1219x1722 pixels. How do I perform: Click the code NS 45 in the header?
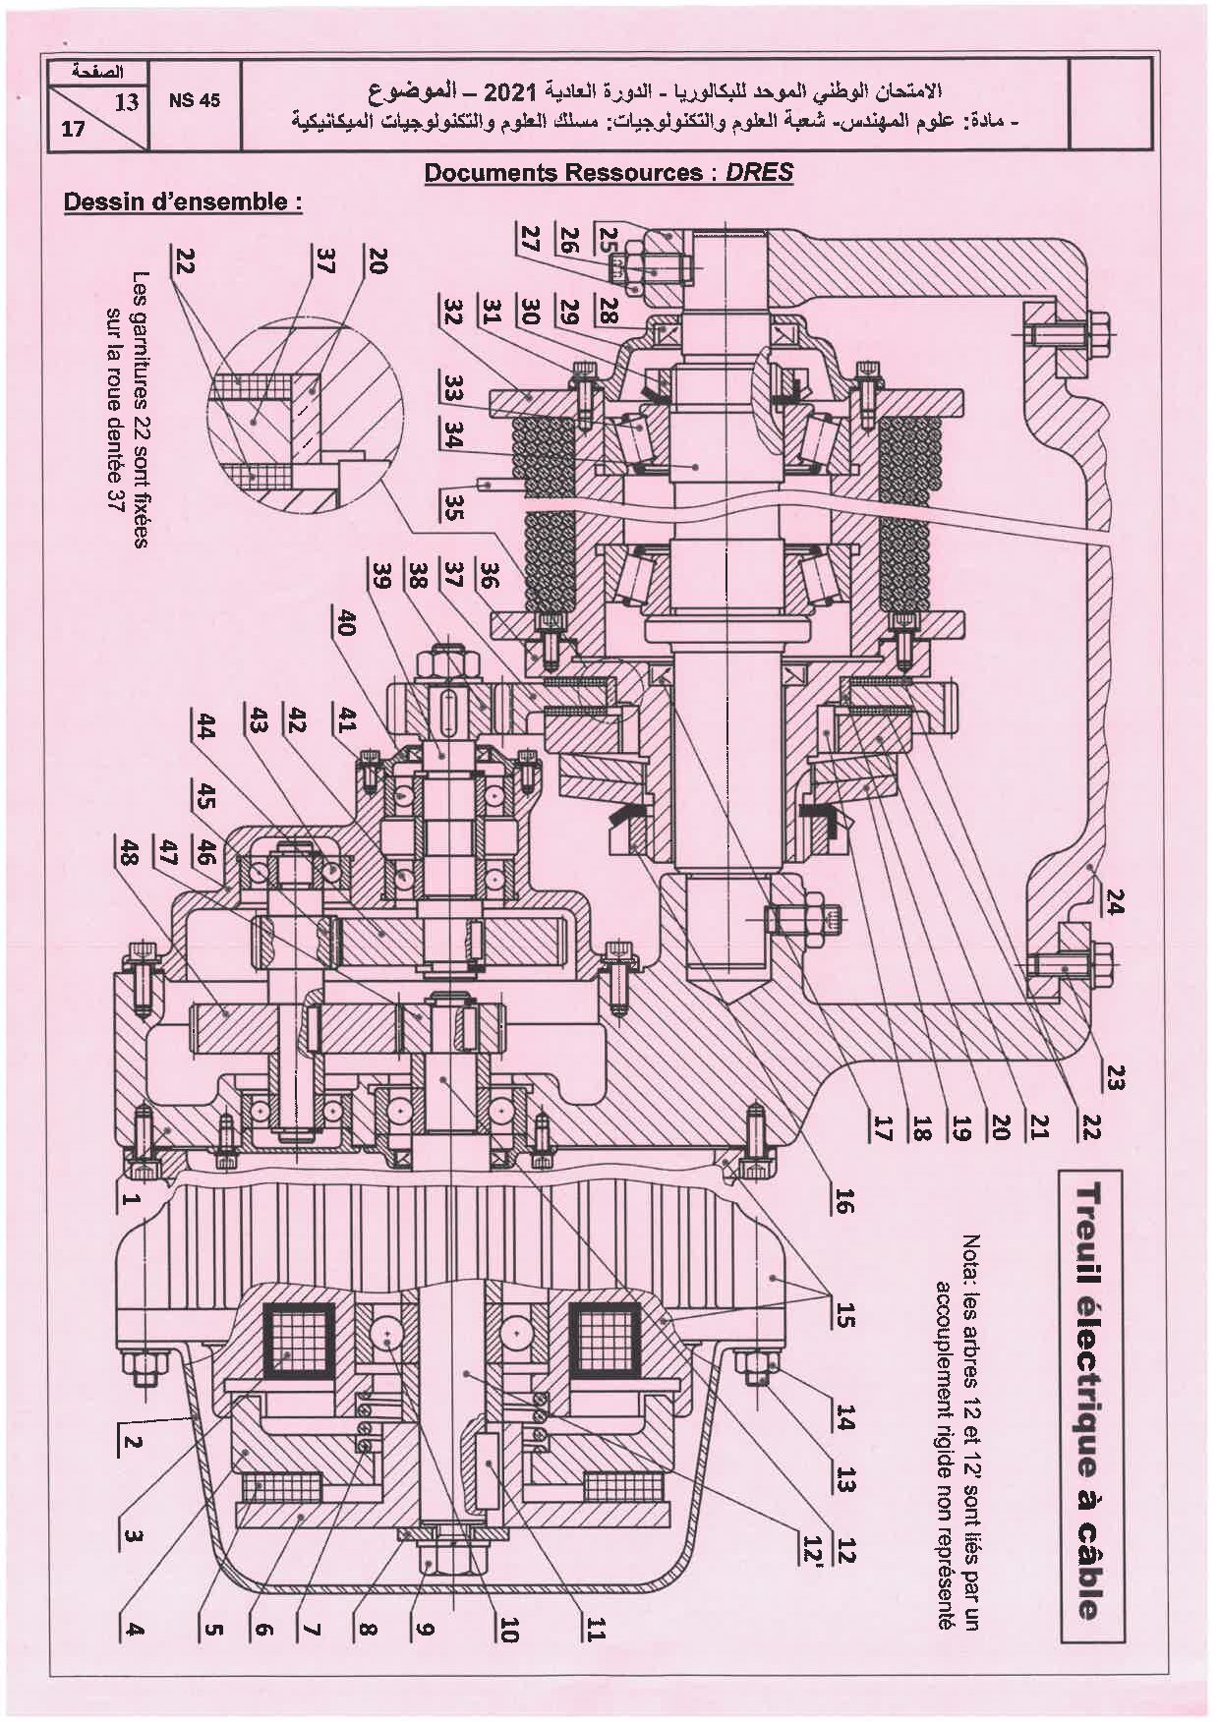[195, 100]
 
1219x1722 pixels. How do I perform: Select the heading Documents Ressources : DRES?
[609, 173]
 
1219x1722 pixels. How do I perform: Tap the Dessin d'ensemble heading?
[182, 202]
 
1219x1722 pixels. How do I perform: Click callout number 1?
[131, 1197]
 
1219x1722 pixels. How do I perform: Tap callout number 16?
[843, 1201]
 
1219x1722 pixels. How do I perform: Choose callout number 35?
[453, 507]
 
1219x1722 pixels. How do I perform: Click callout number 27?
[531, 239]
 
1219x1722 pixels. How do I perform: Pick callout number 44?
[205, 727]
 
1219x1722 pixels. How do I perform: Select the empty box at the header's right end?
[1109, 102]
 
